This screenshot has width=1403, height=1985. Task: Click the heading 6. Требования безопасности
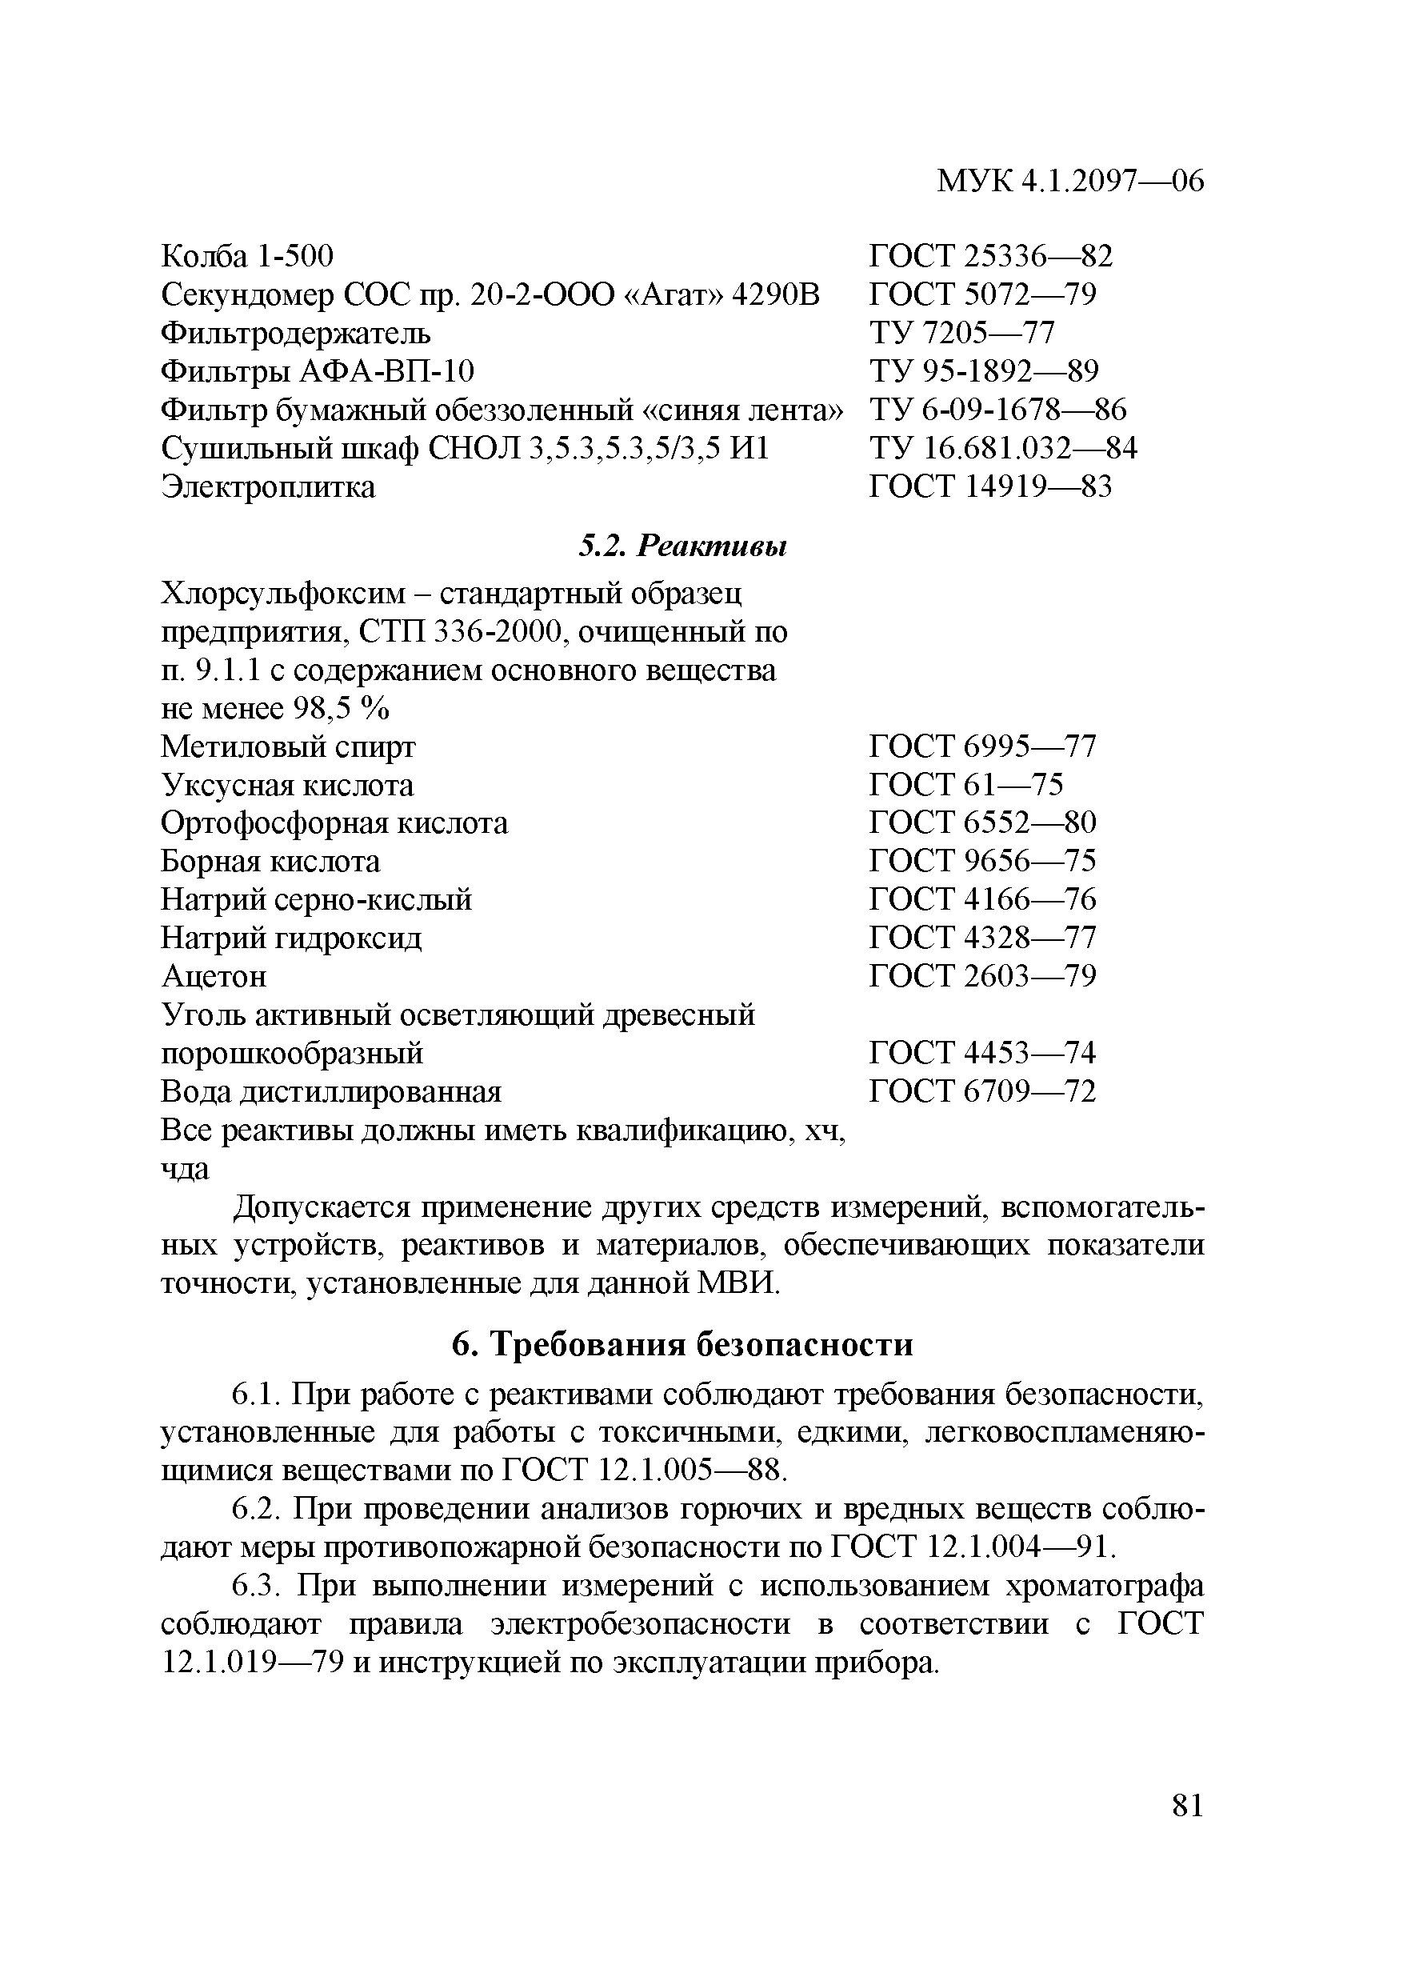point(682,1344)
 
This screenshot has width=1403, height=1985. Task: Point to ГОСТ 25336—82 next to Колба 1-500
point(990,256)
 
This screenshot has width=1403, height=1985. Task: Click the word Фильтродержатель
point(296,333)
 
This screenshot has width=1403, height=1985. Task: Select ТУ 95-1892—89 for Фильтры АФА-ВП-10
point(984,371)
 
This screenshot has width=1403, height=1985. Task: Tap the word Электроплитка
point(269,486)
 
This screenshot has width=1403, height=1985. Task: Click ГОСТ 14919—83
point(990,486)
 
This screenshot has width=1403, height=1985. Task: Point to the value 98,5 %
point(342,709)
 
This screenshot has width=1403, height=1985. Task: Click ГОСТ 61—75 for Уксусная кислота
point(965,784)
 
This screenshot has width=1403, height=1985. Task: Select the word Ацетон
point(214,976)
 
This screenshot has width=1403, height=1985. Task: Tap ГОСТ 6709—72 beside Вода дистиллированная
point(982,1091)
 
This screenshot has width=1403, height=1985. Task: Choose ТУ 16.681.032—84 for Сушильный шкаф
point(1003,448)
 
